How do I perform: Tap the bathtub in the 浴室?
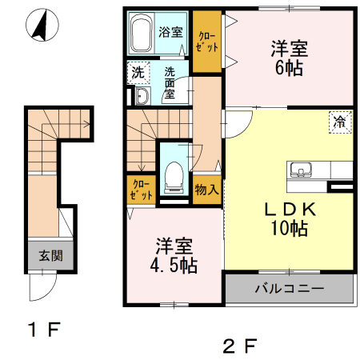tap(142, 34)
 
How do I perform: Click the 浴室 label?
tap(170, 33)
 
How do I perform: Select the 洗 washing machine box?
tap(137, 73)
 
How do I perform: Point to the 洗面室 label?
tap(170, 82)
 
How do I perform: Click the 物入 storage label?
tap(207, 189)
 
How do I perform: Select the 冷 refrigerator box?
tap(340, 122)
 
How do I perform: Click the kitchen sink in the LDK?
tap(302, 169)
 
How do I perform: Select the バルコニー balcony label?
tap(289, 288)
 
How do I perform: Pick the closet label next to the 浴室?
tap(207, 42)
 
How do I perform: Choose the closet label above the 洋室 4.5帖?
tap(138, 189)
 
